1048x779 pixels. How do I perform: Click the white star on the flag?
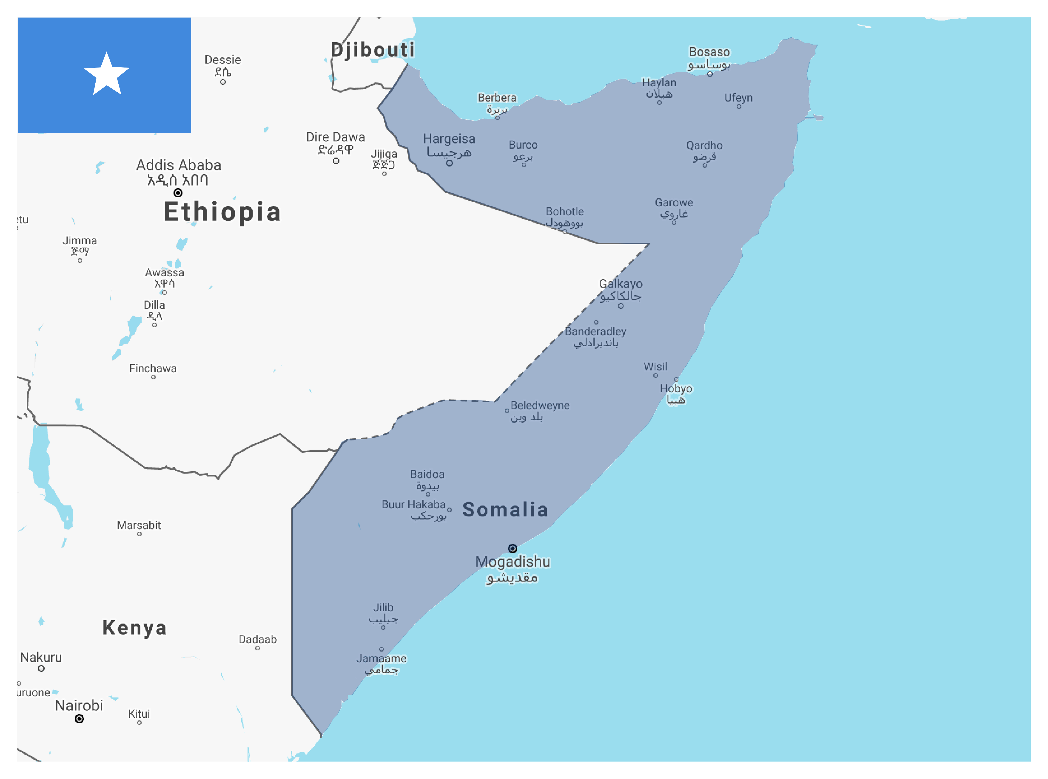coord(107,74)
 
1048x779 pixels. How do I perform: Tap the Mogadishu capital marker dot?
coord(513,548)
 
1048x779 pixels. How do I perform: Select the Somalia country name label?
coord(505,510)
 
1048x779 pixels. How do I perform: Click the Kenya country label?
coord(134,628)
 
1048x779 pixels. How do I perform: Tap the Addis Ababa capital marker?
coord(178,193)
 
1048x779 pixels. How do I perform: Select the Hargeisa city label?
coord(449,139)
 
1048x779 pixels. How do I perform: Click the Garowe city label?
coord(674,203)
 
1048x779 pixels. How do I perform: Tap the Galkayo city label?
coord(621,284)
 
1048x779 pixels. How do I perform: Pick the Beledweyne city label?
coord(540,406)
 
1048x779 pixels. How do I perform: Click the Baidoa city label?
coord(427,474)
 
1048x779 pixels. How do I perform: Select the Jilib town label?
coord(383,608)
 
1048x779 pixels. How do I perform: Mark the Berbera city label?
coord(497,98)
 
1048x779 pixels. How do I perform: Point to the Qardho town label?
coord(704,146)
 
